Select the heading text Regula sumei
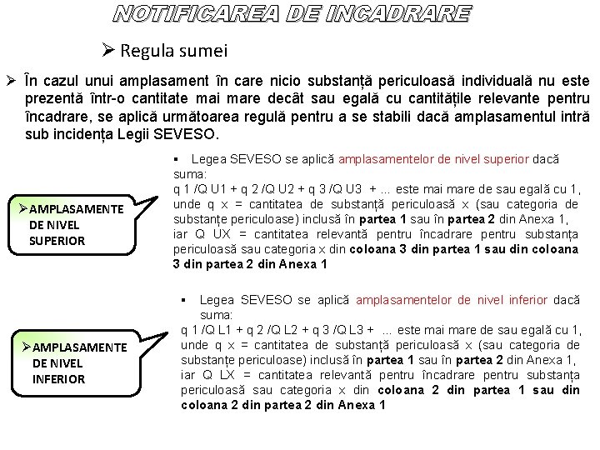[173, 51]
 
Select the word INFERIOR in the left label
[58, 379]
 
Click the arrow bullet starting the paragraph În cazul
[12, 82]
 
